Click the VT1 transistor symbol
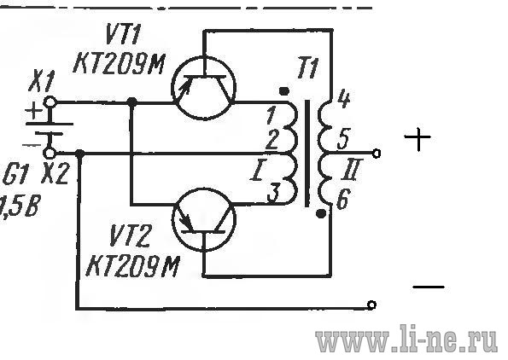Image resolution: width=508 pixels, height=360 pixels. [204, 88]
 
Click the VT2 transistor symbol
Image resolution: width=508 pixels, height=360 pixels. [204, 219]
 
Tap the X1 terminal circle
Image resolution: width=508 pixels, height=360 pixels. [50, 102]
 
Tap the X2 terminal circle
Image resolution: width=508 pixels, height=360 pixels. [49, 152]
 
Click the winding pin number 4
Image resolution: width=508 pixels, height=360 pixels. [342, 99]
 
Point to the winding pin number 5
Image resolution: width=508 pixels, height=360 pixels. [343, 138]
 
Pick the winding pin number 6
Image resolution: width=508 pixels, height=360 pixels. [343, 198]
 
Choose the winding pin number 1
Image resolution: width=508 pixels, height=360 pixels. [272, 115]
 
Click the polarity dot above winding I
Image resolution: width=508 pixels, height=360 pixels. [284, 91]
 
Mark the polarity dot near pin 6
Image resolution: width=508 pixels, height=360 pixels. [321, 213]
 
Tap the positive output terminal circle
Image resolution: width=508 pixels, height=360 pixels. [376, 154]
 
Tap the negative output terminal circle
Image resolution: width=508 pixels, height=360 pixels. [371, 305]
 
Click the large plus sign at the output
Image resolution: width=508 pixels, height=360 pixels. [417, 138]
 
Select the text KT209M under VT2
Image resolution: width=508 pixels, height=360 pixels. [133, 266]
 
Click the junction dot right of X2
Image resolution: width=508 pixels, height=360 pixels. [79, 154]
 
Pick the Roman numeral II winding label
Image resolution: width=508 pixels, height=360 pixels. [351, 170]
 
